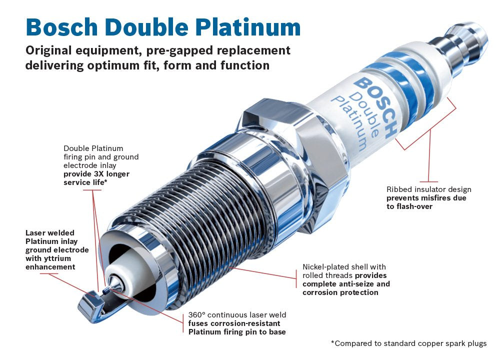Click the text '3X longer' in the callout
tap(108, 174)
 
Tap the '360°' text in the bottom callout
tap(196, 315)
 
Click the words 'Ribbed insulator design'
tap(428, 189)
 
